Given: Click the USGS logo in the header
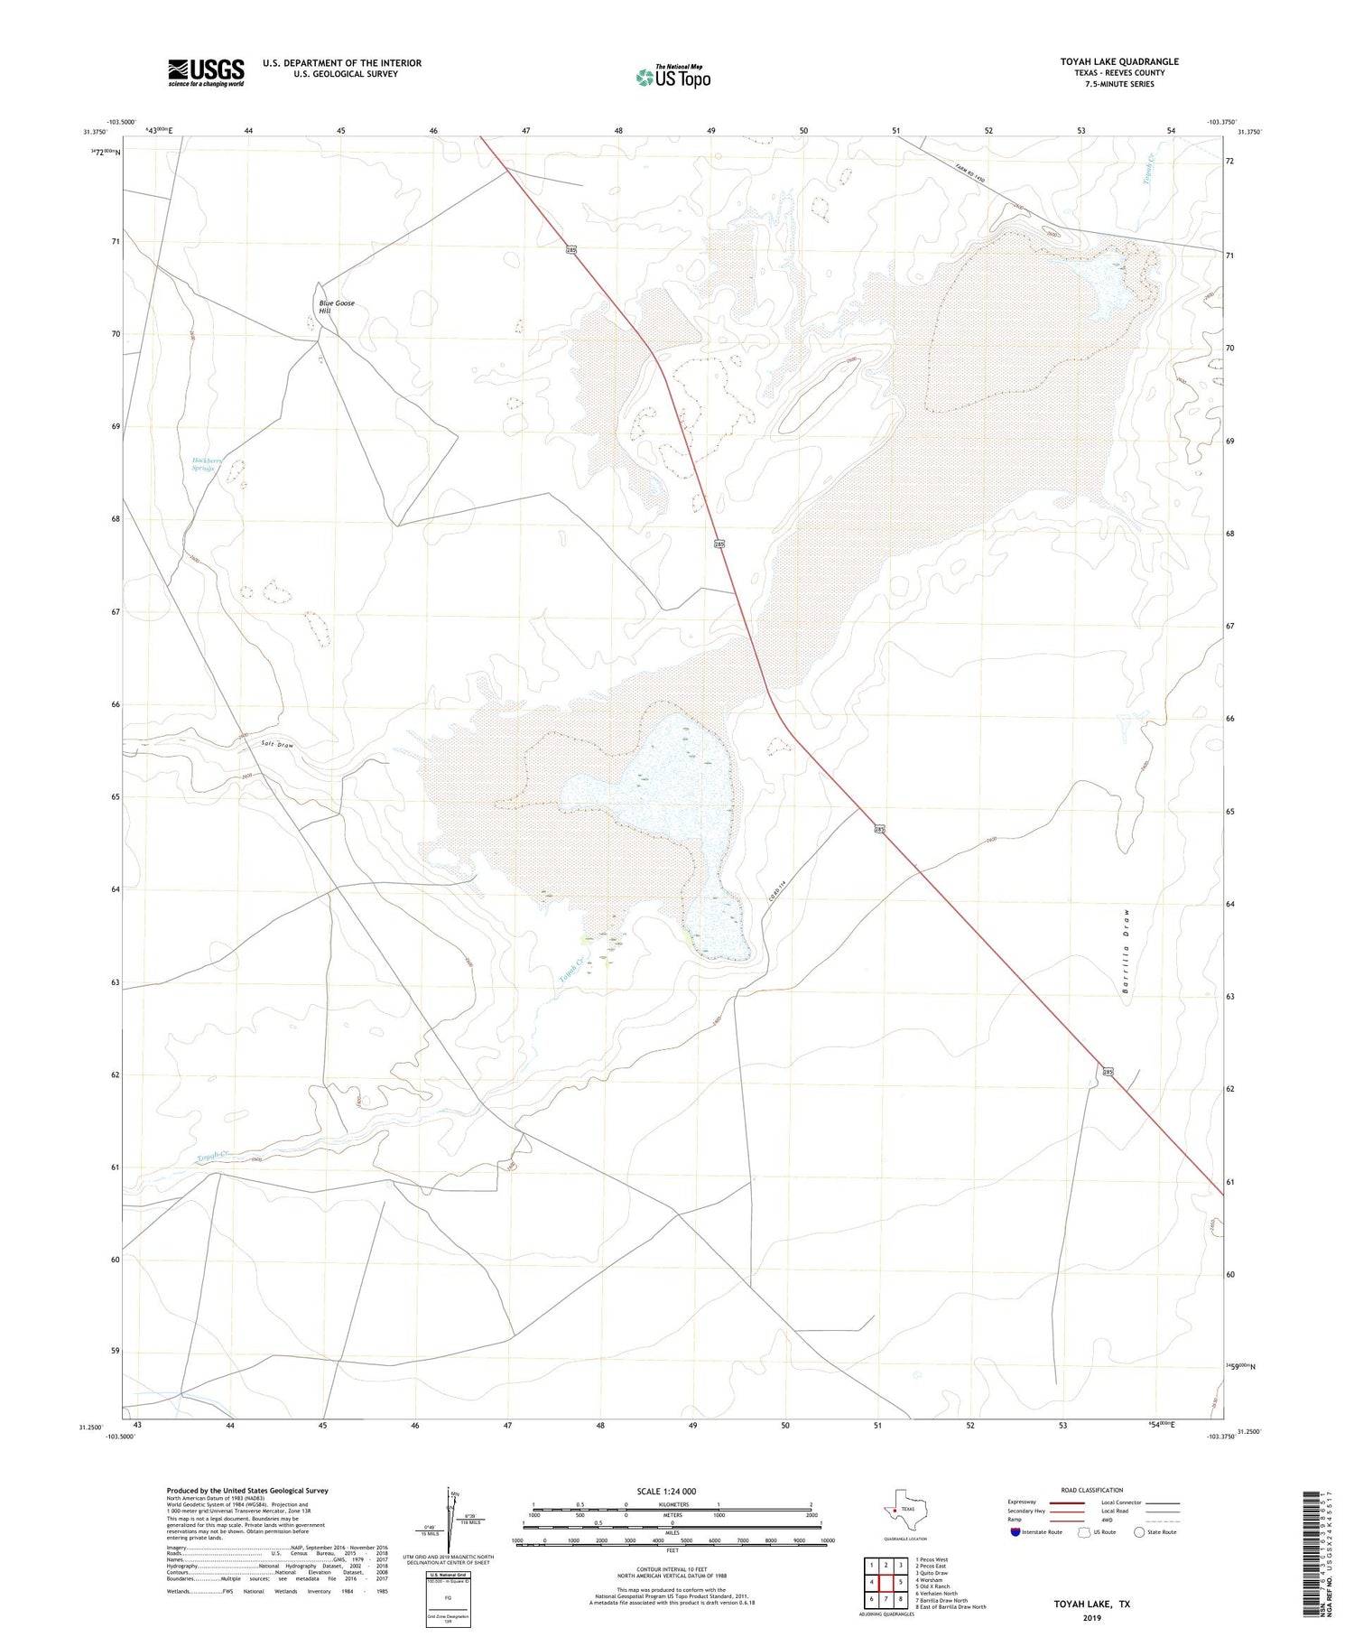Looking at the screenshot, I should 206,72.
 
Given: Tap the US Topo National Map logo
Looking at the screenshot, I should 673,78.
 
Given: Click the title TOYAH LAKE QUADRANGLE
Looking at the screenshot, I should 1118,61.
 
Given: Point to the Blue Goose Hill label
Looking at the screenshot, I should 336,307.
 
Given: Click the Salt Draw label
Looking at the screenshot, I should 277,744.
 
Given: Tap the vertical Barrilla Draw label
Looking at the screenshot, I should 1126,951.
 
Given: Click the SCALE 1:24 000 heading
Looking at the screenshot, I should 666,1491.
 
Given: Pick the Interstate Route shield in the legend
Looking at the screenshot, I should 1014,1532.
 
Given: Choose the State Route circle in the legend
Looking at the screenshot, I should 1139,1532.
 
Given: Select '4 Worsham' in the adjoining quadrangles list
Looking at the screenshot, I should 928,1580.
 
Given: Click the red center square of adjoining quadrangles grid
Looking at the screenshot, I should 886,1582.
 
